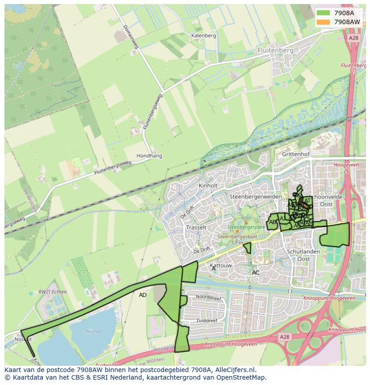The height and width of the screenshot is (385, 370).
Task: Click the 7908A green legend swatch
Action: (x=323, y=13)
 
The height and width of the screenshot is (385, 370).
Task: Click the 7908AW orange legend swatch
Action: (x=323, y=22)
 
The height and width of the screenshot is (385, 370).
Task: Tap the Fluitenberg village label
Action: (x=275, y=51)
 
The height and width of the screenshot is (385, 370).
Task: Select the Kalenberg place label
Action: (x=203, y=36)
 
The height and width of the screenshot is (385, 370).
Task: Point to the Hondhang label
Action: (x=149, y=156)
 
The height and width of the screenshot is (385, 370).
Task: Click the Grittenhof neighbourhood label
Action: (x=296, y=154)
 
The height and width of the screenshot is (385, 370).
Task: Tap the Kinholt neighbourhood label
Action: (x=208, y=186)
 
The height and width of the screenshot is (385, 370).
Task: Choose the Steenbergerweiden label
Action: (x=255, y=197)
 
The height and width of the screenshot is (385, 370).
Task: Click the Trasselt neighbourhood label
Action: (x=196, y=227)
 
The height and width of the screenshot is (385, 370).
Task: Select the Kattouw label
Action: (x=221, y=266)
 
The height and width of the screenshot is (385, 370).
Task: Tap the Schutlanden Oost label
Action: (x=303, y=255)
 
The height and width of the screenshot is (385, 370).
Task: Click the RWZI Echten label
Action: (x=53, y=292)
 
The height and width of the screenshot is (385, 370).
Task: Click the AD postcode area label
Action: (x=143, y=295)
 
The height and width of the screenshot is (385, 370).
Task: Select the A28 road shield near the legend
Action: (x=353, y=38)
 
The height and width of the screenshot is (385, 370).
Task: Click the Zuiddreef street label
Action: (x=206, y=321)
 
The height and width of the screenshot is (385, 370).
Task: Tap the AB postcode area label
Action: (x=273, y=222)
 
